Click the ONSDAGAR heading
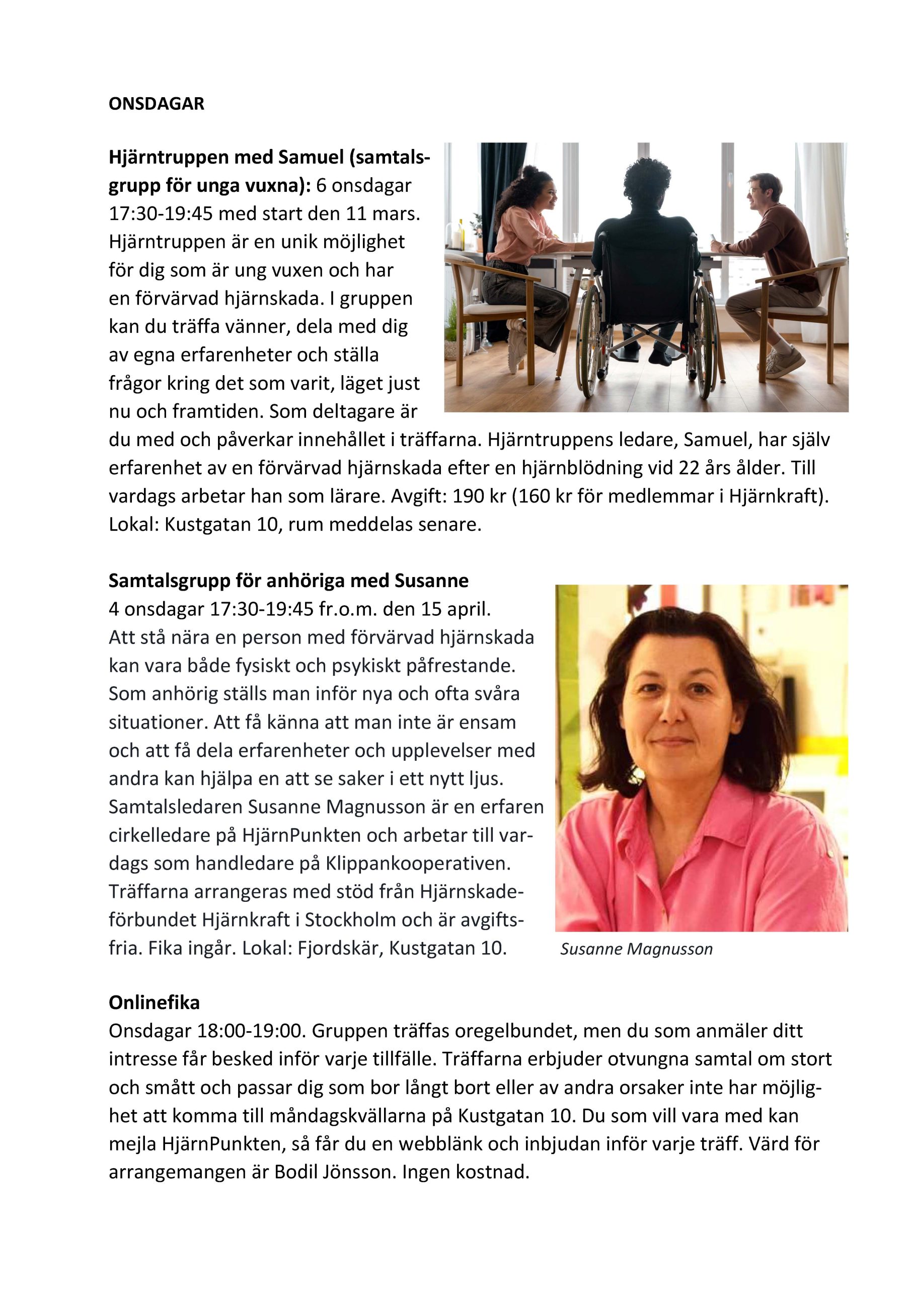[x=156, y=104]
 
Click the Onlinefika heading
[x=154, y=1002]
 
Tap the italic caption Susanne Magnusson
[x=636, y=949]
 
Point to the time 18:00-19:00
[x=250, y=1031]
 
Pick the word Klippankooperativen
[x=418, y=863]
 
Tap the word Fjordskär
[x=341, y=948]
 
